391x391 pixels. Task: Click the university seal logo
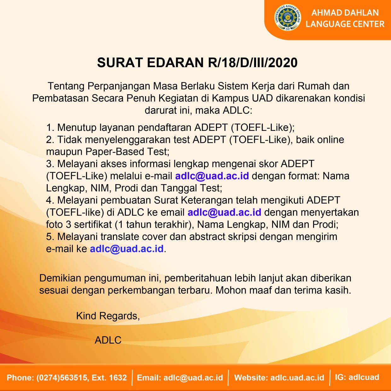coord(288,18)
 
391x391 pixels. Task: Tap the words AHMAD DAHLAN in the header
coord(345,13)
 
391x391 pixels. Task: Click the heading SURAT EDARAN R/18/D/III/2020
coord(197,63)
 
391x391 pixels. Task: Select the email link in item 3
coord(212,176)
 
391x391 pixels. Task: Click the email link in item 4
coord(224,212)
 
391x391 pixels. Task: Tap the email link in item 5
coord(127,249)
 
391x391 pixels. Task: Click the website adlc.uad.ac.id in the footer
coord(297,377)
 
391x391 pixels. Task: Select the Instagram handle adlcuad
coord(364,377)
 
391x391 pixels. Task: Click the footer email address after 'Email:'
coord(193,377)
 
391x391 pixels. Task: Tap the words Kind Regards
coord(108,316)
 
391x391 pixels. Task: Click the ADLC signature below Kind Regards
coord(108,340)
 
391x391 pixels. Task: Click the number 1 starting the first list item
coord(49,128)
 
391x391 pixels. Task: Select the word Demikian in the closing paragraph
coord(60,278)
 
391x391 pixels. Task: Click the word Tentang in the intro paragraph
coord(66,86)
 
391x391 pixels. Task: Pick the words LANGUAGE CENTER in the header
coord(345,24)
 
